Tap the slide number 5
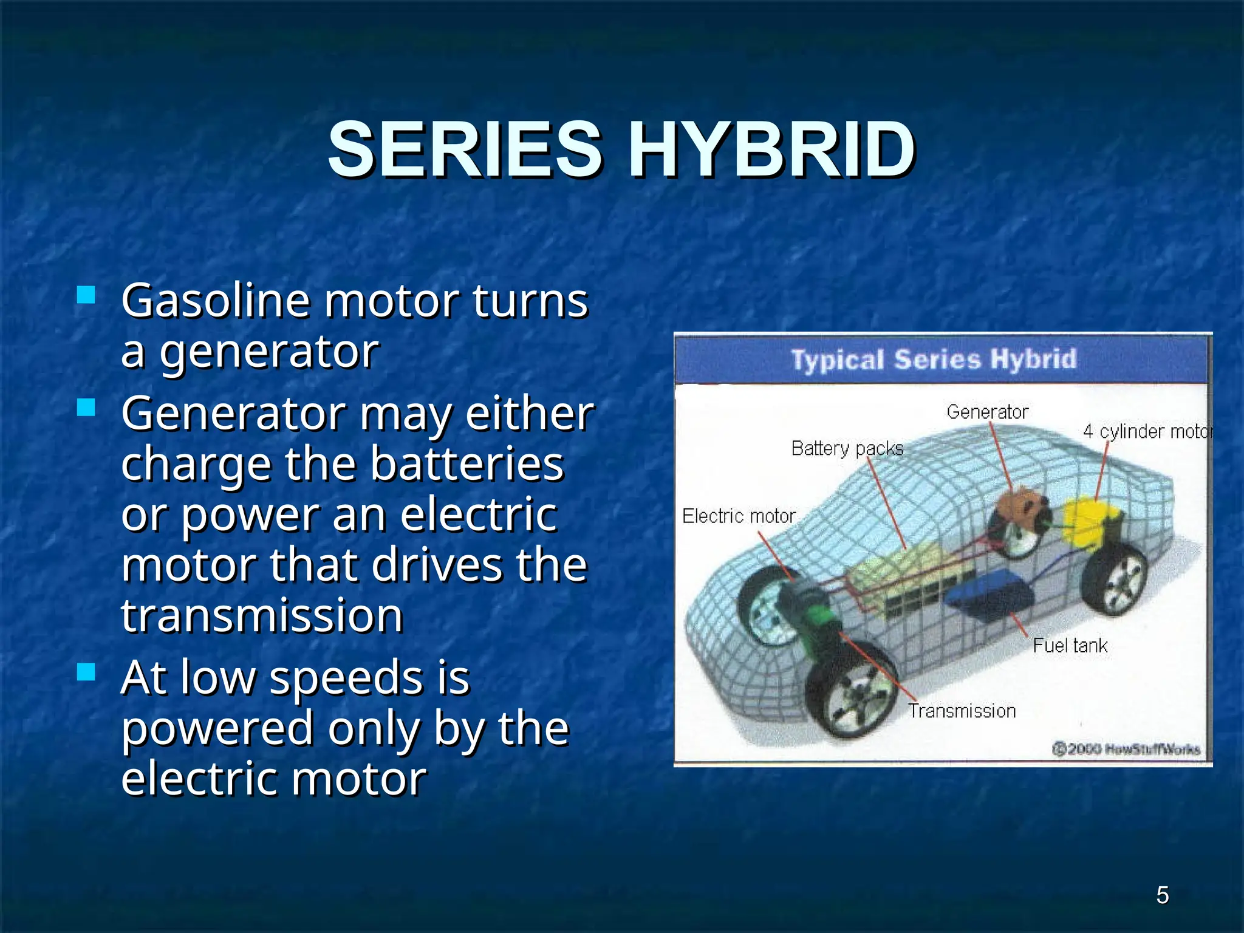pyautogui.click(x=1162, y=895)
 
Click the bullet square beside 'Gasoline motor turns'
pyautogui.click(x=86, y=295)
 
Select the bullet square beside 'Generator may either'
pyautogui.click(x=86, y=407)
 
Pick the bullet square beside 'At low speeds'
pyautogui.click(x=86, y=671)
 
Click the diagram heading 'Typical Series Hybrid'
pyautogui.click(x=934, y=359)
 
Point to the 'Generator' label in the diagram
pyautogui.click(x=987, y=412)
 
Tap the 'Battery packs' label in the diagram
pyautogui.click(x=847, y=448)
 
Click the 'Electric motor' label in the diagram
pyautogui.click(x=739, y=516)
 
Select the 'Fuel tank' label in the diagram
pyautogui.click(x=1070, y=645)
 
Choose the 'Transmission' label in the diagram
pyautogui.click(x=962, y=711)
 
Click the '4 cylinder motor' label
pyautogui.click(x=1147, y=431)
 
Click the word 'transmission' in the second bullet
pyautogui.click(x=262, y=615)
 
